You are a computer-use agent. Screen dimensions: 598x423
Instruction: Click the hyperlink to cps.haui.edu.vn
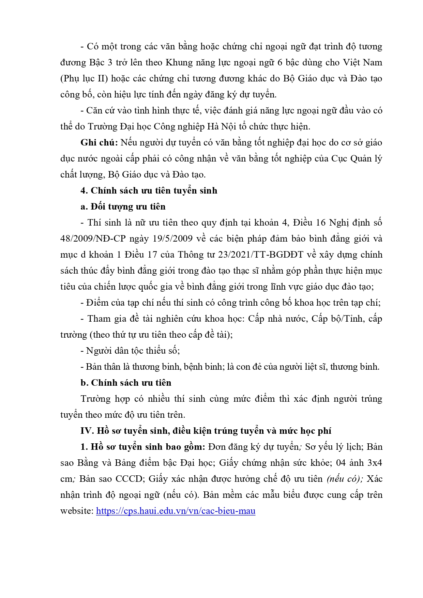[x=176, y=511]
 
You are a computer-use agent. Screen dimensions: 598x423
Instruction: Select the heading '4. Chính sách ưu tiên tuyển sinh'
[x=149, y=190]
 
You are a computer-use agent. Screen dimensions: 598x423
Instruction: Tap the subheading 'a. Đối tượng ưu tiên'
[x=123, y=206]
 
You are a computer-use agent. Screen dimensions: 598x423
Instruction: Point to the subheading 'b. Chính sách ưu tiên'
[x=126, y=383]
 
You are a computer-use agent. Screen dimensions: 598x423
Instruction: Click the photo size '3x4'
[x=375, y=463]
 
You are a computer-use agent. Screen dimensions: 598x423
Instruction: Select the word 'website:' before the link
[x=77, y=511]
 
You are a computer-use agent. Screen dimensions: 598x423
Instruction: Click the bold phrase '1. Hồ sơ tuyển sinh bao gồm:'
[x=143, y=447]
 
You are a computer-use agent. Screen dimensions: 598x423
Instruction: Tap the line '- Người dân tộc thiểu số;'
[x=130, y=351]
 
